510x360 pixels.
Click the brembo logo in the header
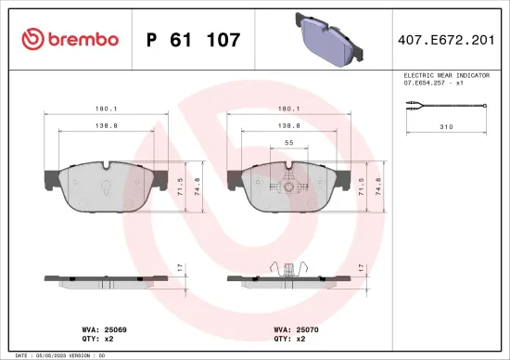pyautogui.click(x=70, y=39)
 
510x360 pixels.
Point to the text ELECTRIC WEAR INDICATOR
pyautogui.click(x=446, y=74)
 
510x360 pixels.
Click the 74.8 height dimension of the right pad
pyautogui.click(x=376, y=186)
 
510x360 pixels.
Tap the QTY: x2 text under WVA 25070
pyautogui.click(x=290, y=339)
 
